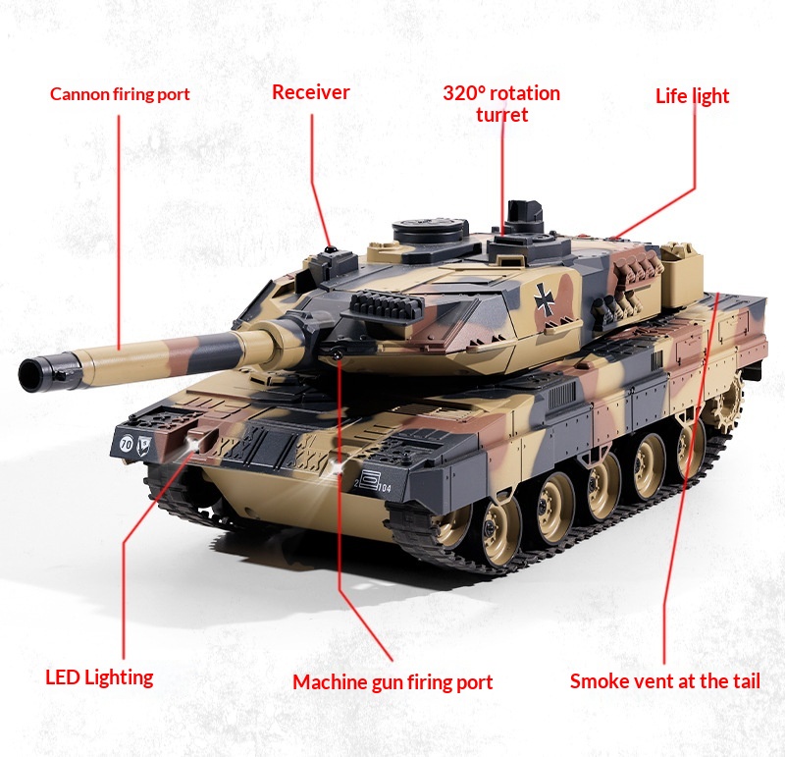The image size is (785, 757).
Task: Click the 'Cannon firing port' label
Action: (120, 94)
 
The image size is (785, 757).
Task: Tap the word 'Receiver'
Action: (310, 92)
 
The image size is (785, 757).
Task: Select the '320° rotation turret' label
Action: (501, 104)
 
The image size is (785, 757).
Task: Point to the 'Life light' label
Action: (693, 96)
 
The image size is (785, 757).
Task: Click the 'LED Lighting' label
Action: (99, 677)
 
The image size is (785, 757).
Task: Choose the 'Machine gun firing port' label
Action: (392, 682)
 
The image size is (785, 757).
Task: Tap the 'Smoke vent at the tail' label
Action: (665, 681)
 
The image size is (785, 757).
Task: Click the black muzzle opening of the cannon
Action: (30, 375)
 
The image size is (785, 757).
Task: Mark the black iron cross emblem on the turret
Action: (544, 299)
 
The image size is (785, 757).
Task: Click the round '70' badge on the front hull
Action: (127, 443)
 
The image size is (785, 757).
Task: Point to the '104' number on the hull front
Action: (385, 487)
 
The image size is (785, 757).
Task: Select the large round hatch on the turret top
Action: (430, 231)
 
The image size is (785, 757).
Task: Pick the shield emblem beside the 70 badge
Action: (144, 445)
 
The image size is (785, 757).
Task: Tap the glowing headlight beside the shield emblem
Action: (191, 444)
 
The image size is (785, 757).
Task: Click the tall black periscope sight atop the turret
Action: (524, 215)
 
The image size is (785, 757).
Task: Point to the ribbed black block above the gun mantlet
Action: (387, 306)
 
